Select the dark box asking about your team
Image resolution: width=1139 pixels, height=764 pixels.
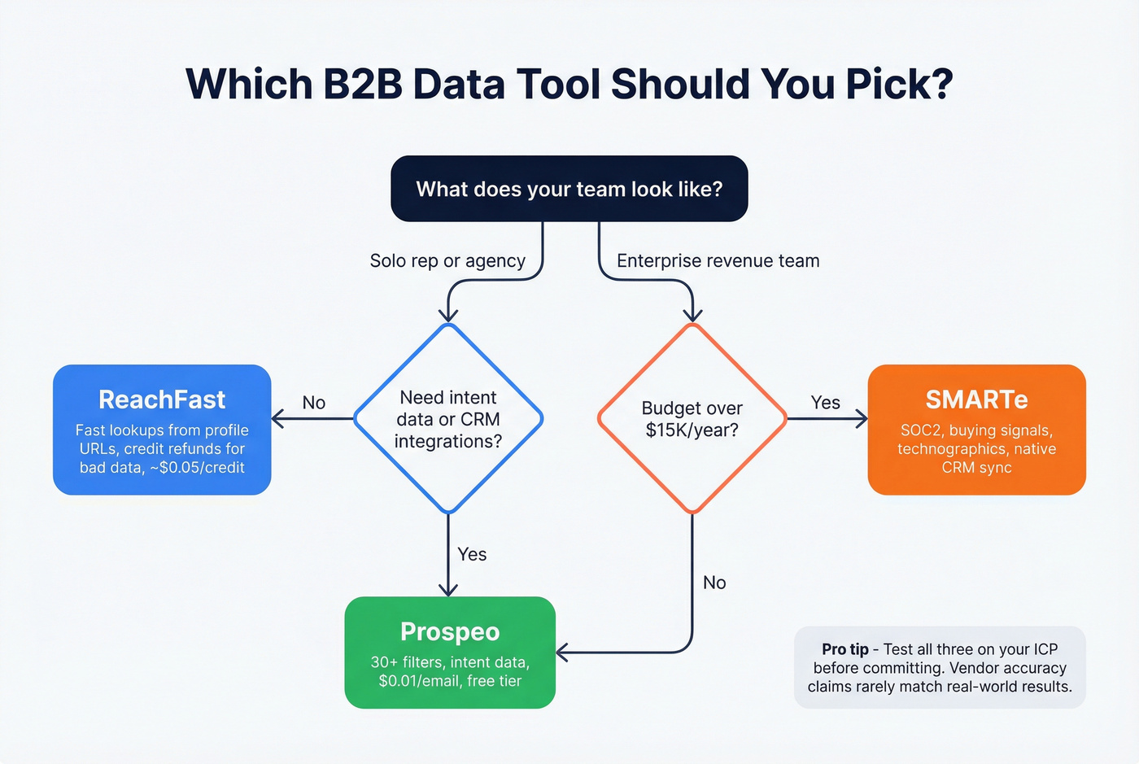click(x=569, y=189)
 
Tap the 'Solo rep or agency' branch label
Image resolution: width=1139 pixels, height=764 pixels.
click(x=447, y=261)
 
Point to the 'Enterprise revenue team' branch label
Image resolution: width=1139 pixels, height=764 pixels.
click(x=718, y=261)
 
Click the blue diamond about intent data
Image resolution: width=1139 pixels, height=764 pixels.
click(x=448, y=419)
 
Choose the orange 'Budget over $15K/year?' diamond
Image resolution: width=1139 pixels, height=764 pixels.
click(x=692, y=419)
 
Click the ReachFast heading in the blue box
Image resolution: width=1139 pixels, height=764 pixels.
click(x=162, y=399)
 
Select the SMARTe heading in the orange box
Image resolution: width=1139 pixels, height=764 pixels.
click(x=976, y=399)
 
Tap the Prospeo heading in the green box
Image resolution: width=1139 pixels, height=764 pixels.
click(x=450, y=631)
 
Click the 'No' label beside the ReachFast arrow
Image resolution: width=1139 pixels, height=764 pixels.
click(x=314, y=403)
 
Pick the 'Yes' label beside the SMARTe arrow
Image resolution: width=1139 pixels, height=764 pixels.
click(x=825, y=403)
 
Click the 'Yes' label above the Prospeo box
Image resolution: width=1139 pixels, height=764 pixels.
click(x=472, y=554)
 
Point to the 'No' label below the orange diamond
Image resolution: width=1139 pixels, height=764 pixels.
click(x=714, y=583)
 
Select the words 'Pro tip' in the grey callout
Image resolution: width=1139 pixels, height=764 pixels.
click(x=844, y=649)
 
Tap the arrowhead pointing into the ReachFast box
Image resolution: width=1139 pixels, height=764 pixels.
click(x=277, y=419)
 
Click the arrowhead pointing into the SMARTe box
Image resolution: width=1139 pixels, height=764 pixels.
click(x=862, y=419)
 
